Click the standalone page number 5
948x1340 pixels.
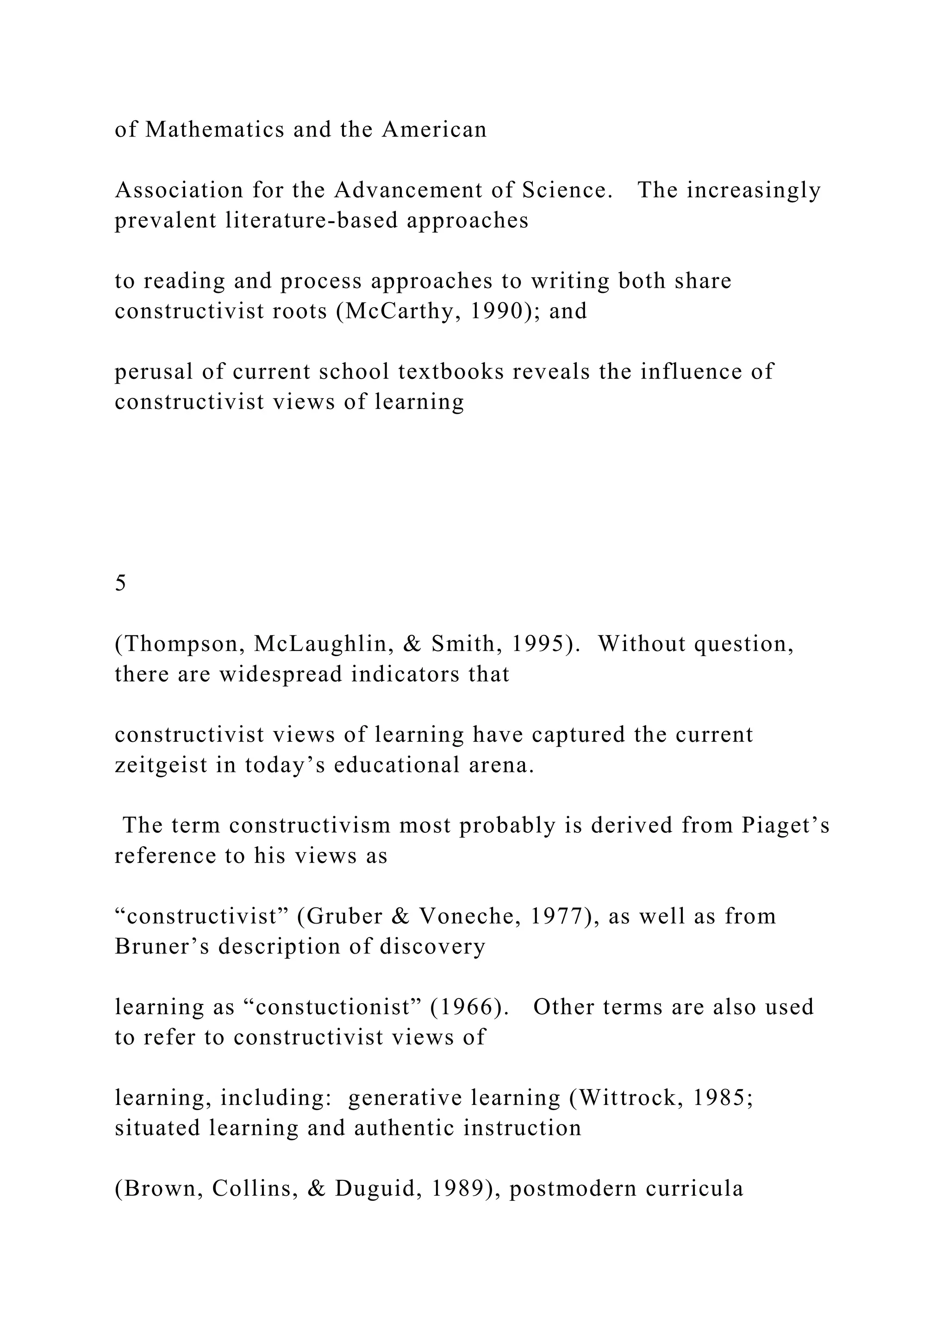(x=120, y=583)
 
